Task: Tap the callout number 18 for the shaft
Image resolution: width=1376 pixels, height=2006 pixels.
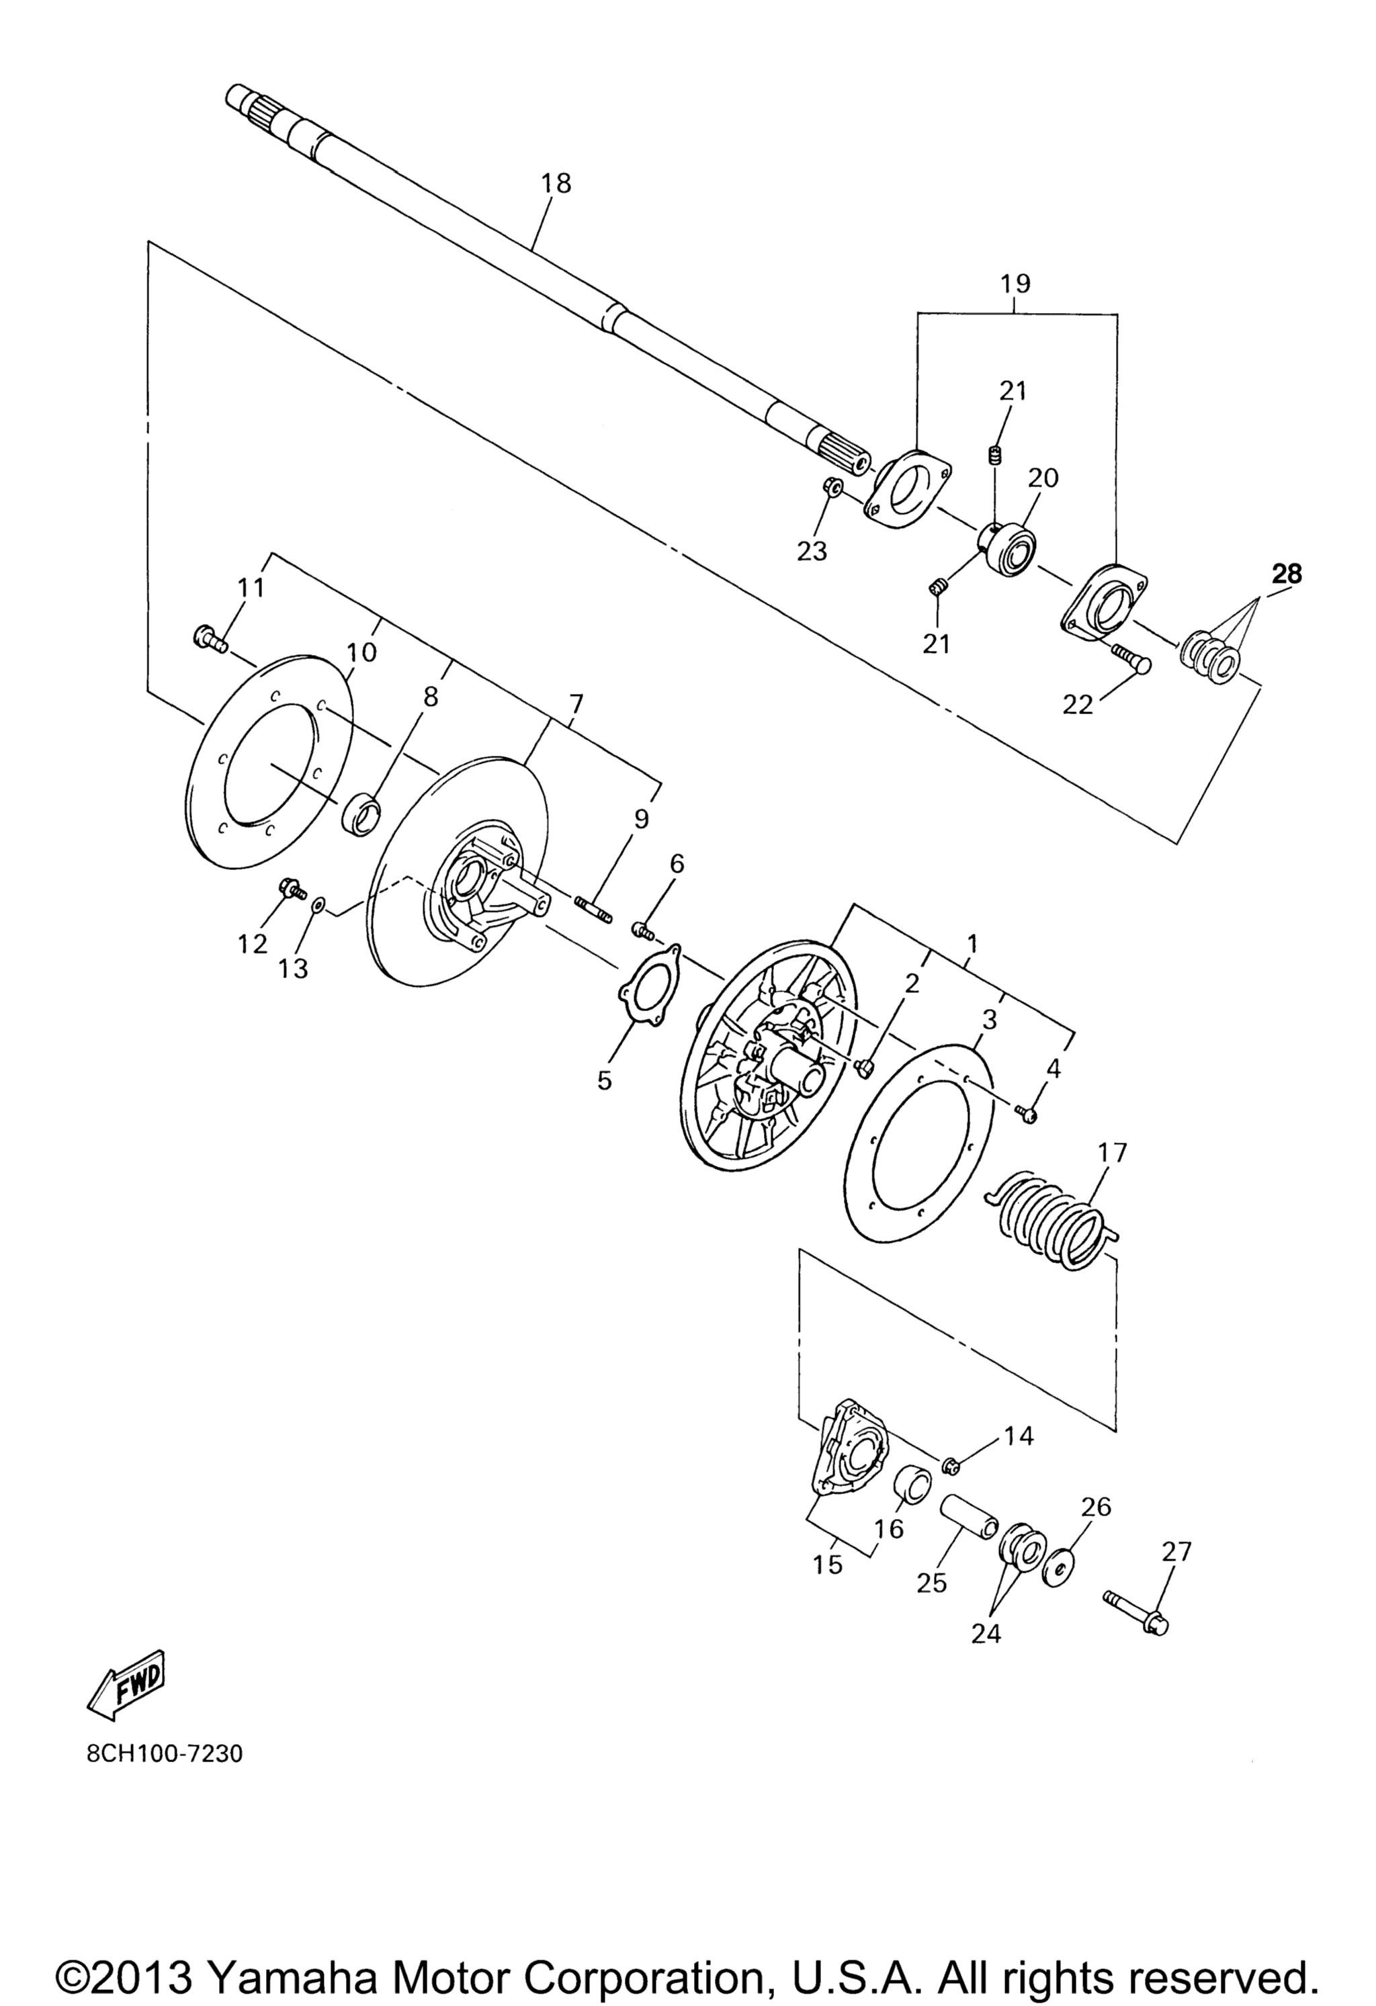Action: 556,184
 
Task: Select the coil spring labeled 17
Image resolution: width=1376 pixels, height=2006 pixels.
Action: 1056,1218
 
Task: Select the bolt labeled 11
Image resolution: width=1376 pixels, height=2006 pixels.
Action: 210,640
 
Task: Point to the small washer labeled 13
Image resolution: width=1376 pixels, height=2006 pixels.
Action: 318,904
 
